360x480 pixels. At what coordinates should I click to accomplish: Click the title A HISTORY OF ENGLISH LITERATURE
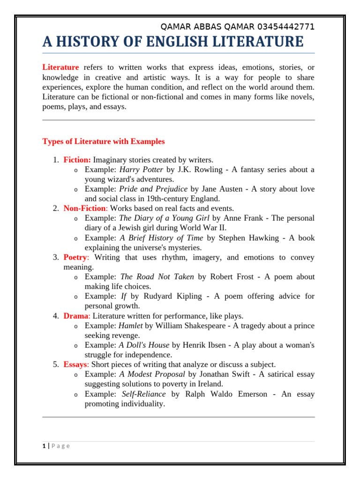click(173, 42)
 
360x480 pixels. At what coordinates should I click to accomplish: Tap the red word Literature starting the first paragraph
click(60, 67)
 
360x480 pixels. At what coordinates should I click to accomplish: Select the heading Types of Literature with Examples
click(104, 141)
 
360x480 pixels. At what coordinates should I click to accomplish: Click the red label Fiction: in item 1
click(77, 160)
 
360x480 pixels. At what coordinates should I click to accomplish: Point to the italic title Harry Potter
click(141, 169)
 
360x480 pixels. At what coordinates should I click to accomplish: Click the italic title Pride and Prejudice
click(153, 189)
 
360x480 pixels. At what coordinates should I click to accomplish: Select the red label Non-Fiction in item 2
click(84, 208)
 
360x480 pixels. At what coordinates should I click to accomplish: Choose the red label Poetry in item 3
click(75, 257)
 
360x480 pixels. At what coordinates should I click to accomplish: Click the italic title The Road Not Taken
click(157, 277)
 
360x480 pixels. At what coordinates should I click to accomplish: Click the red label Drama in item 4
click(75, 316)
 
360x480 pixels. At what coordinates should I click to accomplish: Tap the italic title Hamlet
click(131, 326)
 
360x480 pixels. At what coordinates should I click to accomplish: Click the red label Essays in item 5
click(75, 364)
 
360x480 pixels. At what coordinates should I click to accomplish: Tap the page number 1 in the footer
click(44, 446)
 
